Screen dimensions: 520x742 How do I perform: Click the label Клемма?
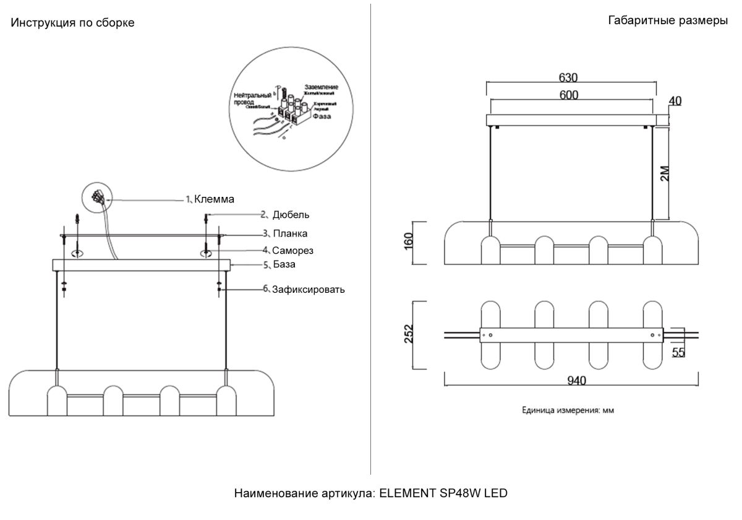click(x=214, y=199)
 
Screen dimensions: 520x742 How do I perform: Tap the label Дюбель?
click(x=291, y=215)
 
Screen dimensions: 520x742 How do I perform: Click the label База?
click(x=284, y=264)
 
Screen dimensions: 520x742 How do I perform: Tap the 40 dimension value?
click(x=675, y=101)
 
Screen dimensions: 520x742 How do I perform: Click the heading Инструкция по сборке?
click(x=72, y=23)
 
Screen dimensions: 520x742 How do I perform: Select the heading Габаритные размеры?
click(x=668, y=21)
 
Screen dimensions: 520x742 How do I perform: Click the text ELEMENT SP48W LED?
click(x=443, y=493)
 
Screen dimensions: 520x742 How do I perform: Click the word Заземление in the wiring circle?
click(x=321, y=87)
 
